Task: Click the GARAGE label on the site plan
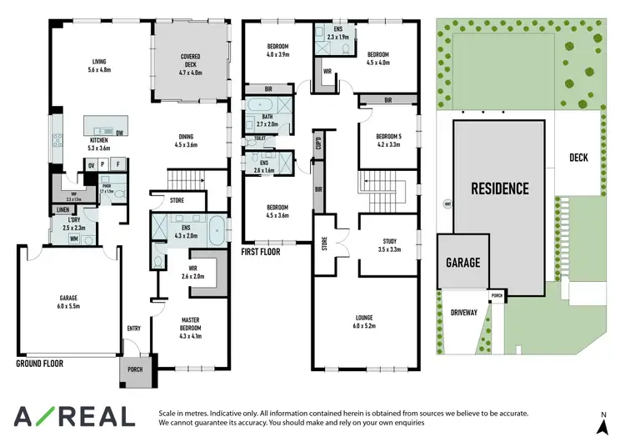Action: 462,262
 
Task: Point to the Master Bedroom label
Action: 191,324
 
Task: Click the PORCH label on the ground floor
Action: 134,369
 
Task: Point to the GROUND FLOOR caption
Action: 40,364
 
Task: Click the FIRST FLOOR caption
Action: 260,251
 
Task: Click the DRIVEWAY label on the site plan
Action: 462,313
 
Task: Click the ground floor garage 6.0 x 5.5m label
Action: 68,302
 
